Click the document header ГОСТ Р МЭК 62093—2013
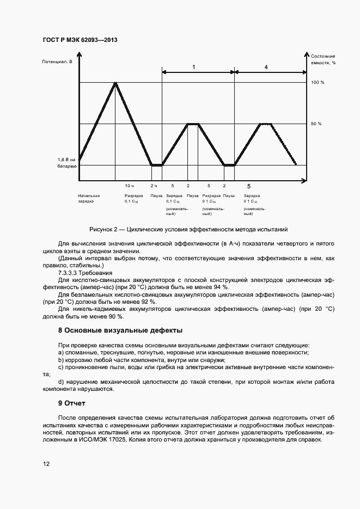(x=80, y=40)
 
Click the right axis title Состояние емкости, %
(x=323, y=59)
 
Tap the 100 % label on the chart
(x=318, y=82)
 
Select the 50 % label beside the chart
(x=317, y=124)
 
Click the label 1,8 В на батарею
(x=67, y=162)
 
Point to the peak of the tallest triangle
(x=115, y=83)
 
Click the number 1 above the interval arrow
(x=193, y=66)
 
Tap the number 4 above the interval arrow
(x=266, y=66)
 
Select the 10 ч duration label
(x=129, y=186)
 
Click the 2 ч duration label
(x=154, y=186)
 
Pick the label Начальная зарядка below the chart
(x=89, y=198)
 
